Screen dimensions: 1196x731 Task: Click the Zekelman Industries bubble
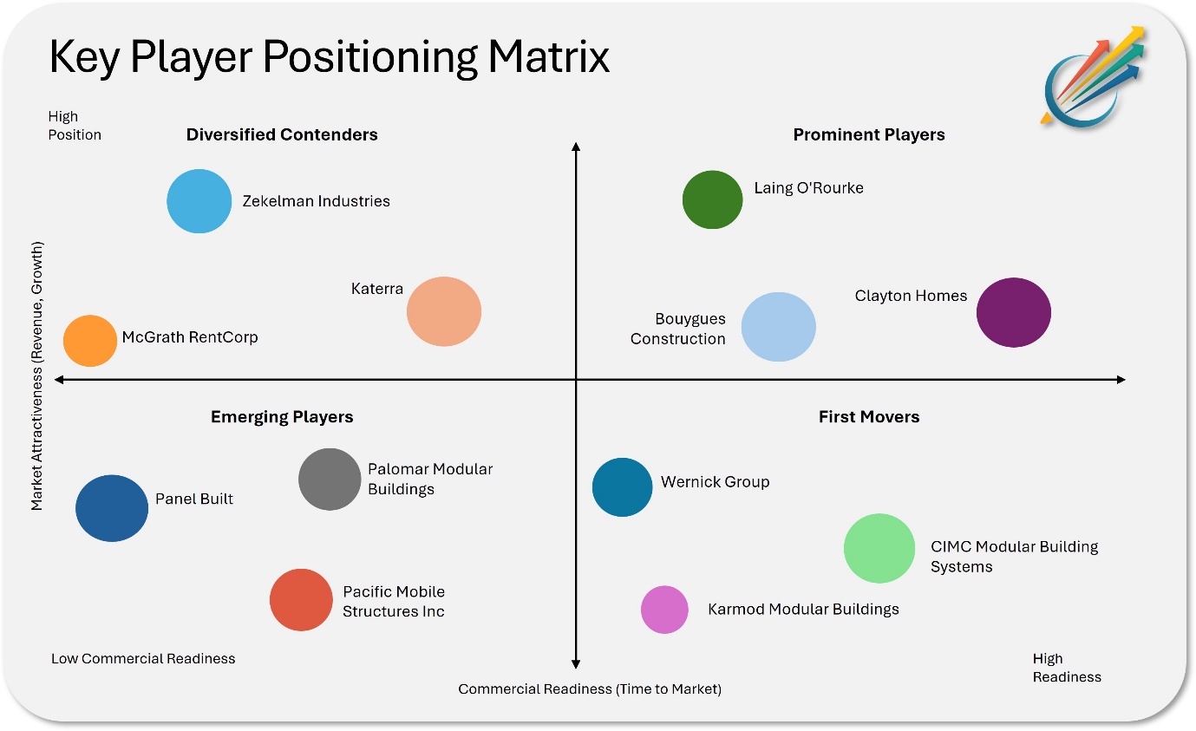[x=199, y=201]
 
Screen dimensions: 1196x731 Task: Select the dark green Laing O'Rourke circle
[x=712, y=199]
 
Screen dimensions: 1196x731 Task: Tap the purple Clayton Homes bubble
[x=1013, y=312]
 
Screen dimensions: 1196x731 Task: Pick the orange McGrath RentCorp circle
[x=89, y=341]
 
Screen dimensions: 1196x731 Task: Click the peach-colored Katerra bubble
[x=444, y=311]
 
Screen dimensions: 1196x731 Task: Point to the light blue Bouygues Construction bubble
[x=779, y=327]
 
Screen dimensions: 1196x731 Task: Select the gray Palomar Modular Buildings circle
[x=330, y=480]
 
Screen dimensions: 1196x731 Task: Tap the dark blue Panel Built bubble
[x=112, y=508]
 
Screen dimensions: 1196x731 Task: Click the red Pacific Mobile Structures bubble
[x=301, y=600]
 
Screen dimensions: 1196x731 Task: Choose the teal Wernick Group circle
[x=622, y=487]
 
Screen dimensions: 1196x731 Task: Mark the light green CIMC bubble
[x=879, y=548]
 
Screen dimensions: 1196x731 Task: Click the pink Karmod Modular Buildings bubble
[x=664, y=610]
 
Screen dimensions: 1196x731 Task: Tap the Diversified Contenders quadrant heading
[x=282, y=134]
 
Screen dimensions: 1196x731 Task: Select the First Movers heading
[x=869, y=416]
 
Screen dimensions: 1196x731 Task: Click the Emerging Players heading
[x=282, y=416]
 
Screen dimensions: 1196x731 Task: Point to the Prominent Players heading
[x=869, y=134]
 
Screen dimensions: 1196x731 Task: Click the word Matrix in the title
[x=549, y=56]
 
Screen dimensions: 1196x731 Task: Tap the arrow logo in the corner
[x=1093, y=77]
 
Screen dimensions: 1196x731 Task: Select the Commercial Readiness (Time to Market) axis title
[x=590, y=689]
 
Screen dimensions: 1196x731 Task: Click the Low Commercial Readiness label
[x=143, y=658]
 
